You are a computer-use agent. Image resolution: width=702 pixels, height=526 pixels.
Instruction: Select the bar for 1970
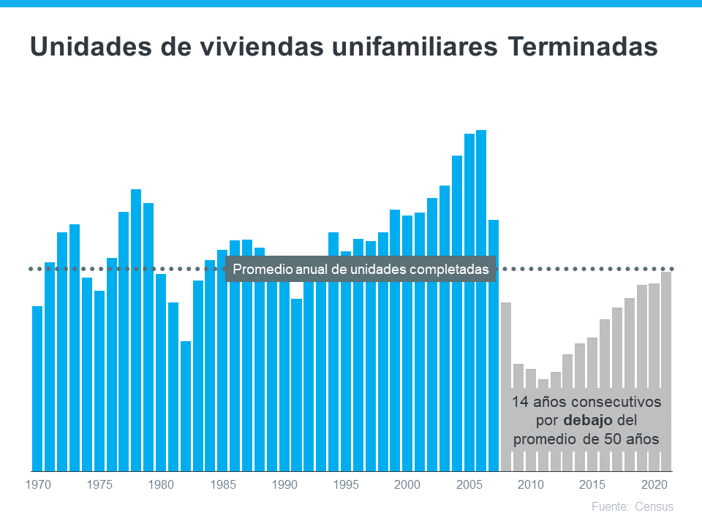[x=37, y=388]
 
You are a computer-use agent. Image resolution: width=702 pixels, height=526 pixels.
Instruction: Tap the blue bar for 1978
[x=136, y=329]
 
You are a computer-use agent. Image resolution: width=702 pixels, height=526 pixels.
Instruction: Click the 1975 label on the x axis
[x=99, y=484]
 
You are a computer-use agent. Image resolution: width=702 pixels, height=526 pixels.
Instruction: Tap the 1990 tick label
[x=284, y=484]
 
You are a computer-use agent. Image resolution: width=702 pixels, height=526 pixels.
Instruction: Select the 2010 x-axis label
[x=531, y=484]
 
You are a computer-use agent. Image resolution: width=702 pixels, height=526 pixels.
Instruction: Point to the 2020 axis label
[x=654, y=484]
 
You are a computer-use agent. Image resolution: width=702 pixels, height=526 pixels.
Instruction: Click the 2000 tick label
[x=407, y=484]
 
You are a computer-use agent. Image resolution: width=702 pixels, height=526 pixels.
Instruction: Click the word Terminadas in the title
[x=581, y=47]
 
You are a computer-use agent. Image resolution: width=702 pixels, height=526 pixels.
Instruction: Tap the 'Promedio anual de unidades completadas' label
[x=361, y=269]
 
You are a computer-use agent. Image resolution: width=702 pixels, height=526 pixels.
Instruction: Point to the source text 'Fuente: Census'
[x=633, y=506]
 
